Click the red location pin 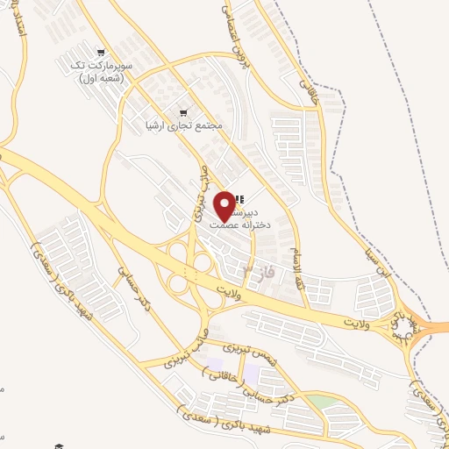(225, 205)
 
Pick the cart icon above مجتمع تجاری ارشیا (182, 111)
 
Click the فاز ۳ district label (261, 273)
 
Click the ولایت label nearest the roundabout (355, 324)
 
